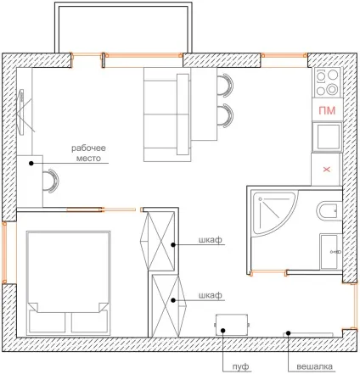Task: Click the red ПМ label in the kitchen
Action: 327,110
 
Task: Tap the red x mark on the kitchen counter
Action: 327,170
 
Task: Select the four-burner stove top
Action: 327,82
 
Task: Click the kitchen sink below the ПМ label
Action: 328,137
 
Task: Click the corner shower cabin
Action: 273,213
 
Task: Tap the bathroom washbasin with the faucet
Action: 330,251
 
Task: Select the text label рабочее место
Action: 88,153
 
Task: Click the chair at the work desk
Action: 51,181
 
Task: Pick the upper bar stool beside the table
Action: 225,86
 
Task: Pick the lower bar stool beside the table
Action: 225,115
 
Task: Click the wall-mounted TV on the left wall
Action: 22,110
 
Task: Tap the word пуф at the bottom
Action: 240,366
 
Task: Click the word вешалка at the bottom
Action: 314,366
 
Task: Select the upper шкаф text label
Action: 211,240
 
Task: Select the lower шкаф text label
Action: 211,296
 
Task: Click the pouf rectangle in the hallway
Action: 232,325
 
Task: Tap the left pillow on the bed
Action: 48,322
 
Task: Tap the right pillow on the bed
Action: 89,322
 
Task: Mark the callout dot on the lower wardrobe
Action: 173,300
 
